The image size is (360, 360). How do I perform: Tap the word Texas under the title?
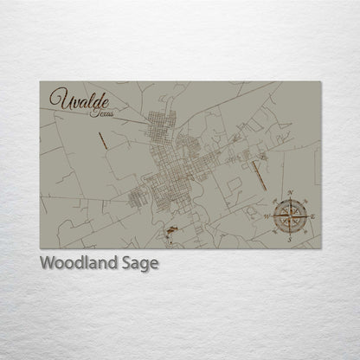[x=100, y=113]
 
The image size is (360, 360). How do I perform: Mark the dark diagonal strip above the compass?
[x=257, y=172]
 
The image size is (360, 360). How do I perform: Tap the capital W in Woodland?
[x=48, y=262]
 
